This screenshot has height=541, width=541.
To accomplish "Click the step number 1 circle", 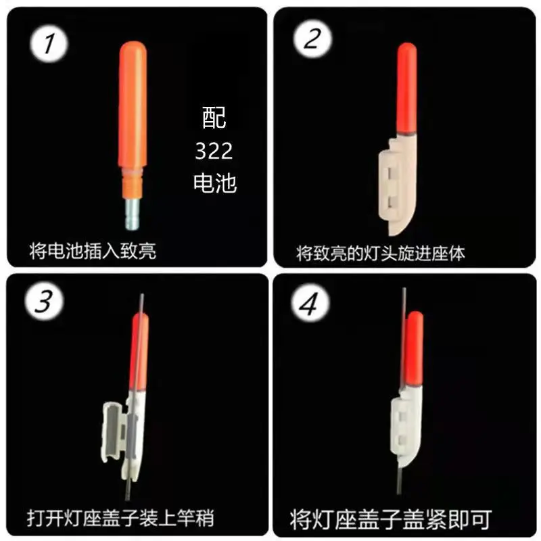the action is click(49, 44).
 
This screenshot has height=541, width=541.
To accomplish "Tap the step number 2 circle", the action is click(313, 39).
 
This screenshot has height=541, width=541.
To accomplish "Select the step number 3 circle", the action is click(44, 301).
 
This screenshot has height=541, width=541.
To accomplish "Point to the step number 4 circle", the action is click(310, 302).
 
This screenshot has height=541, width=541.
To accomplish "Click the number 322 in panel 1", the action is click(214, 151).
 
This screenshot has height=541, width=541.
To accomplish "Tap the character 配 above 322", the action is click(214, 118).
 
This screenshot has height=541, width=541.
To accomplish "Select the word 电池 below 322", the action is click(214, 183).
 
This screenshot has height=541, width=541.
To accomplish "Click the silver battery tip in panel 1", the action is click(132, 214).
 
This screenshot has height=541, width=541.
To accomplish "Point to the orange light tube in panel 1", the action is click(133, 103).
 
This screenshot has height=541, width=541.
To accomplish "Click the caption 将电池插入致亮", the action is click(93, 251).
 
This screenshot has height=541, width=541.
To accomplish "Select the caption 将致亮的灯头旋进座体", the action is click(380, 253).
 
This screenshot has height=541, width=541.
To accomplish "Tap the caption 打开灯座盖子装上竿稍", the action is click(120, 518).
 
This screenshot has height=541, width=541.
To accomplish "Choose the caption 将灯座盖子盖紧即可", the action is click(391, 519).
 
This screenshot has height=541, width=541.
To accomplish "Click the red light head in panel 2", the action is click(407, 88).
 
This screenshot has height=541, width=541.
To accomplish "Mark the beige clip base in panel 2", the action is click(398, 185).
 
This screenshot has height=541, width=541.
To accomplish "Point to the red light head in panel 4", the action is click(415, 348).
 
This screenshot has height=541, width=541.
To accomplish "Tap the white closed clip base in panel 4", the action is click(406, 425).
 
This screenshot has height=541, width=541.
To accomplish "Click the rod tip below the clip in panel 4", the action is click(399, 480).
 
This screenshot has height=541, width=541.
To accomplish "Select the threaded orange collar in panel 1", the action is click(132, 182).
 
